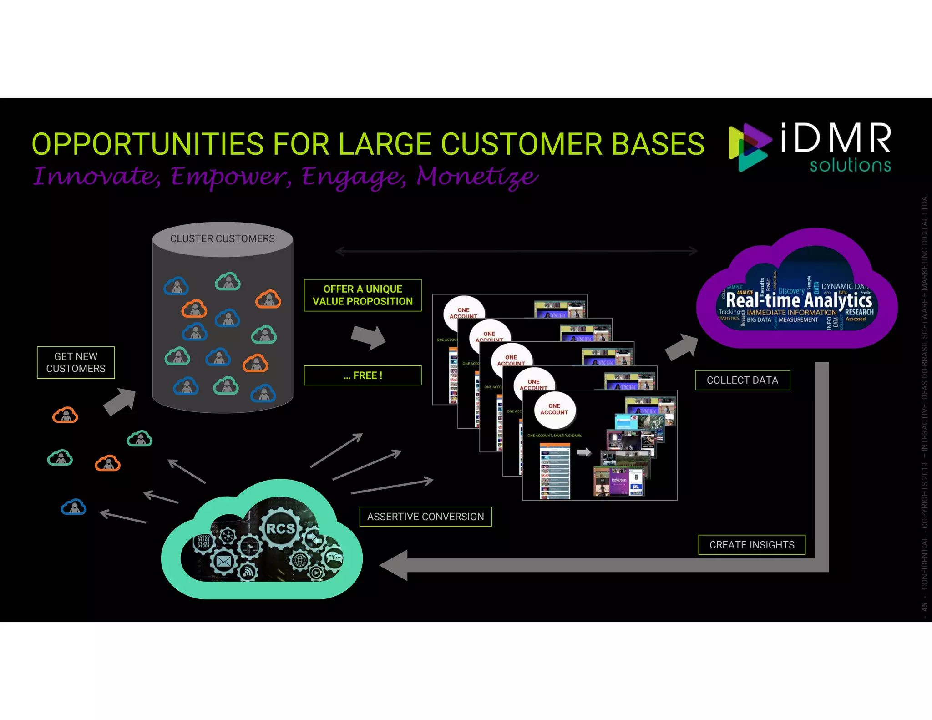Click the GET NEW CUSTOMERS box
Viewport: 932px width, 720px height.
pyautogui.click(x=76, y=362)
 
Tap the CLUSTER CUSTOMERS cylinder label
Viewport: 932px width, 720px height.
pyautogui.click(x=222, y=238)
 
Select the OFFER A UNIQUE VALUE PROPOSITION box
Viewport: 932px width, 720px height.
pyautogui.click(x=362, y=295)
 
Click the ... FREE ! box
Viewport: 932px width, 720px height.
pyautogui.click(x=362, y=375)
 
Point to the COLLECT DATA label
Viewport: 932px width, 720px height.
pyautogui.click(x=742, y=380)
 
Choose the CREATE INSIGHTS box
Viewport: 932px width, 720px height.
pyautogui.click(x=751, y=545)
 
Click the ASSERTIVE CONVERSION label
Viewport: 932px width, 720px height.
pyautogui.click(x=425, y=517)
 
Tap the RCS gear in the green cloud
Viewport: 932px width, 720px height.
pyautogui.click(x=280, y=528)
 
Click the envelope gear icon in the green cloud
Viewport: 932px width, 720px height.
pyautogui.click(x=223, y=561)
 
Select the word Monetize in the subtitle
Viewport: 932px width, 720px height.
pyautogui.click(x=477, y=177)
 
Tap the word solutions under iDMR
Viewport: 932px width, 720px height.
pyautogui.click(x=850, y=165)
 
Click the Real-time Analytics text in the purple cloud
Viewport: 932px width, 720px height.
pyautogui.click(x=798, y=300)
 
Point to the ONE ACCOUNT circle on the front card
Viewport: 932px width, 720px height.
pyautogui.click(x=554, y=409)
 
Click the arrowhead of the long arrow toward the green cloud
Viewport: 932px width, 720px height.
pyautogui.click(x=394, y=565)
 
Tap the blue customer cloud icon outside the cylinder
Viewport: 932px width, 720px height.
pyautogui.click(x=74, y=507)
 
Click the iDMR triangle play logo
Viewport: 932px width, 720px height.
pyautogui.click(x=748, y=147)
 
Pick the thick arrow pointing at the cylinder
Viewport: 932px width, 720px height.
pyautogui.click(x=120, y=401)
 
